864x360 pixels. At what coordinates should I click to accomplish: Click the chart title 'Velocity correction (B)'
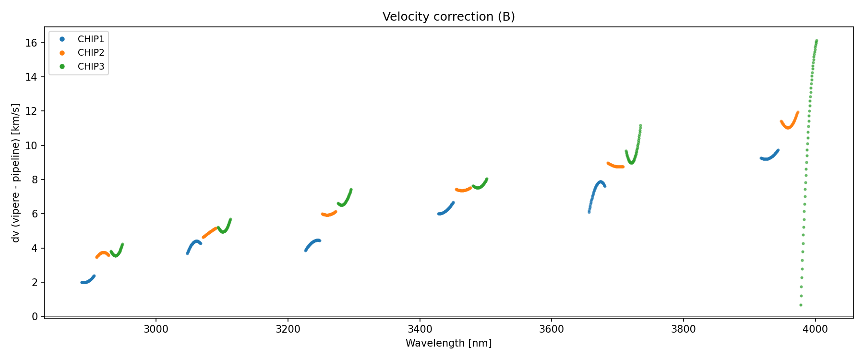(448, 17)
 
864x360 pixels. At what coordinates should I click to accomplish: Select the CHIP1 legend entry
(90, 39)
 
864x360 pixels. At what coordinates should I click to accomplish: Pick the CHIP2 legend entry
(90, 53)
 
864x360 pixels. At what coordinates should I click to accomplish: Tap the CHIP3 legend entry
(90, 67)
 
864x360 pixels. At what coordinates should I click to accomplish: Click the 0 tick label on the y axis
(35, 317)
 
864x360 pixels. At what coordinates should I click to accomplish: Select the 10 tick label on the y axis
(31, 145)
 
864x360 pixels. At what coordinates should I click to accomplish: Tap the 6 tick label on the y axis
(35, 214)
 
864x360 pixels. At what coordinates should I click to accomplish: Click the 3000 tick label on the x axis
(156, 329)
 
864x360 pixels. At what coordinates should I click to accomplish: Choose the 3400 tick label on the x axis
(420, 329)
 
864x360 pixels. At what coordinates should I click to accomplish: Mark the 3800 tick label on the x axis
(683, 329)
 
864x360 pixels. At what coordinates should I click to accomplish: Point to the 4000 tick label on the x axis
(815, 329)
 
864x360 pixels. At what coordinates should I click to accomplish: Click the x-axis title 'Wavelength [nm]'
(448, 343)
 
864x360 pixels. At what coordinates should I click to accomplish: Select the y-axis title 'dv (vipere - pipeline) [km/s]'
(16, 173)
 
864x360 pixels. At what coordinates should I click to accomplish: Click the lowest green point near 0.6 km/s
(801, 305)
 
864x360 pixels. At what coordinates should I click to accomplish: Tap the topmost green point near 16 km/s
(816, 41)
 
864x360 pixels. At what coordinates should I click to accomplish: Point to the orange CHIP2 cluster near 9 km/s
(615, 166)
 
